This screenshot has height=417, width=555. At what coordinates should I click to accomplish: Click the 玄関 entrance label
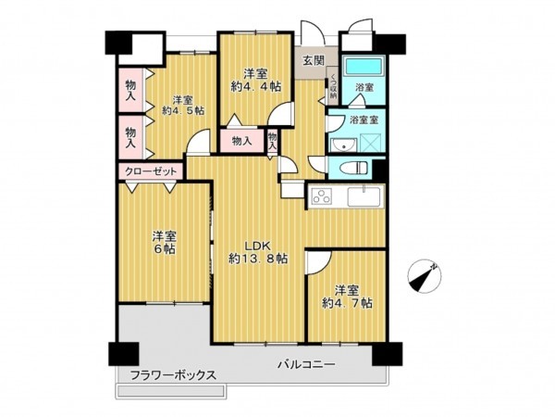tap(312, 60)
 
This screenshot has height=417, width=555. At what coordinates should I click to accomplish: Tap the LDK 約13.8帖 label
tap(250, 252)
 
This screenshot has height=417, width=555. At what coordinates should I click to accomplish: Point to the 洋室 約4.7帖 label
tap(347, 296)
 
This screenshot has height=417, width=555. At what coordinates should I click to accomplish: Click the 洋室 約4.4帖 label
tap(255, 80)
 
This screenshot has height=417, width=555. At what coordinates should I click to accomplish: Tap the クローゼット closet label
tap(150, 171)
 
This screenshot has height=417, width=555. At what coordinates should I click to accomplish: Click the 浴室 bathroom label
tap(364, 88)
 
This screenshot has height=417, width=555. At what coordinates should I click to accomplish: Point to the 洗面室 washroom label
tap(362, 118)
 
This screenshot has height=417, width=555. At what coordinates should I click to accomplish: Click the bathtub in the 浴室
tap(362, 68)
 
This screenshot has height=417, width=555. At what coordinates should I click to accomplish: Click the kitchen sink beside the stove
tap(362, 196)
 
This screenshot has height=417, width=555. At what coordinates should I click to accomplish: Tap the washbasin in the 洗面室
tap(341, 145)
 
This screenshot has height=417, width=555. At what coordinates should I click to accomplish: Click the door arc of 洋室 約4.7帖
tap(317, 262)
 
